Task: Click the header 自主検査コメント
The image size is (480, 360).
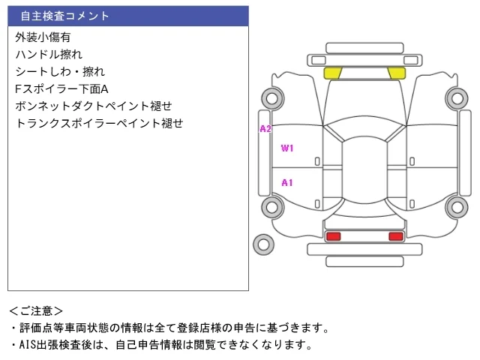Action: [x=64, y=16]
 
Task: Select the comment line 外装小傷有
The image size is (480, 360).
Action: [x=43, y=37]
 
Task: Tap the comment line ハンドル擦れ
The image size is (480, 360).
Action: [x=49, y=55]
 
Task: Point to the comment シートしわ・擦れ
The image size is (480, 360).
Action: [x=60, y=72]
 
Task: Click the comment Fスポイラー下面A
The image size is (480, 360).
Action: [x=61, y=89]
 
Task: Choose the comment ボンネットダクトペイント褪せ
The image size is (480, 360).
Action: [x=93, y=106]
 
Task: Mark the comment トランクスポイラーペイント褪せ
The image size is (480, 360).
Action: [x=99, y=123]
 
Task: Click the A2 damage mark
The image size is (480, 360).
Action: [x=265, y=129]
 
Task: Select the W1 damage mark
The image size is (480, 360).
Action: [x=287, y=148]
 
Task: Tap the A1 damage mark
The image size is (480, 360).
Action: [x=287, y=183]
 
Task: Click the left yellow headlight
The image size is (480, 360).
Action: [x=333, y=73]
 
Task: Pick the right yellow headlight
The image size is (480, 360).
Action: [x=397, y=73]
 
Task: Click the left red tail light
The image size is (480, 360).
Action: [x=333, y=236]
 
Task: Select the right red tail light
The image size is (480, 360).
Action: [x=396, y=236]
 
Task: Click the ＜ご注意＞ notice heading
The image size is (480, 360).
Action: [x=36, y=311]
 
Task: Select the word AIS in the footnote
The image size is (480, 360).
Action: [x=28, y=345]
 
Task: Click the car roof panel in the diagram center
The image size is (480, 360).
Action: [x=364, y=170]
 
